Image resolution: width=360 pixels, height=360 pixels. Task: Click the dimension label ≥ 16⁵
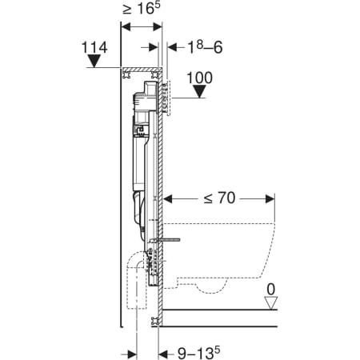(142, 9)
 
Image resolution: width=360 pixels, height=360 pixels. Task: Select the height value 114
(94, 48)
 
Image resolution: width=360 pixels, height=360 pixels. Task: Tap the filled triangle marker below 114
(94, 61)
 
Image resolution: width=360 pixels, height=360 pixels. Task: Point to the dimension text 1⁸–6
(205, 47)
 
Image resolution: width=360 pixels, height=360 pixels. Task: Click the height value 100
(199, 78)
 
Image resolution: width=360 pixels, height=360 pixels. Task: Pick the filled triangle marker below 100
(199, 91)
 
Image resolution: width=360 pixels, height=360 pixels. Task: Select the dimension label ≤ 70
(219, 198)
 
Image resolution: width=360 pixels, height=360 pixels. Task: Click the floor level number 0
(271, 290)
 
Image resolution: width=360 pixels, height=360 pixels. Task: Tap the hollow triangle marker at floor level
(271, 303)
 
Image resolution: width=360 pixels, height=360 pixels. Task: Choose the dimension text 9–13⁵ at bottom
(199, 354)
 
